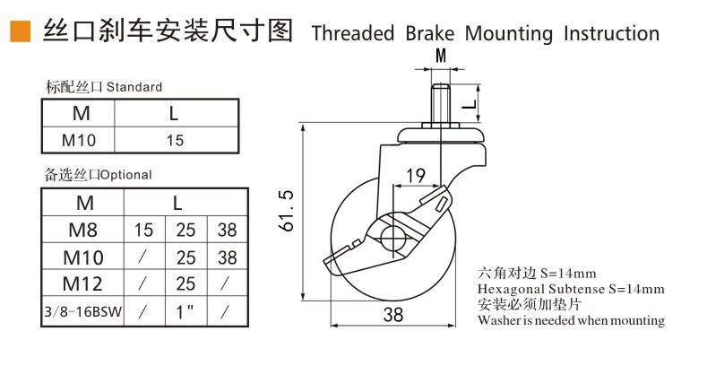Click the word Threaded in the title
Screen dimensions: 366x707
click(x=352, y=34)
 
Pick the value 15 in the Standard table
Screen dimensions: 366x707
click(x=175, y=140)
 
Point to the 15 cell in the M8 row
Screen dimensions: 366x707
click(x=144, y=230)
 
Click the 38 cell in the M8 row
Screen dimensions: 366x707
click(x=228, y=230)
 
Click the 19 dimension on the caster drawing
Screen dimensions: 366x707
click(x=415, y=176)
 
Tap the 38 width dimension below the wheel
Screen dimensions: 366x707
click(x=392, y=314)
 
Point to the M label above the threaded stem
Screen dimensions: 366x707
click(x=441, y=57)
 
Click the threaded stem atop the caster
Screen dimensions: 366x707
click(x=441, y=105)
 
